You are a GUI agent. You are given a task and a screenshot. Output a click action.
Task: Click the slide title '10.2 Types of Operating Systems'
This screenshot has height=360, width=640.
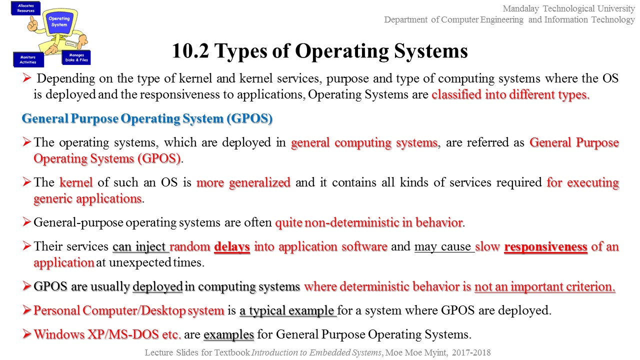pyautogui.click(x=320, y=51)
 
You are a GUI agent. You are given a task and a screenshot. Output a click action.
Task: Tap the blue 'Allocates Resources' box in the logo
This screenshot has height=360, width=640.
pyautogui.click(x=25, y=8)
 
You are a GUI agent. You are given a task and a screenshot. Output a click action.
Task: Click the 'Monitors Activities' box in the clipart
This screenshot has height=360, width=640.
pyautogui.click(x=28, y=59)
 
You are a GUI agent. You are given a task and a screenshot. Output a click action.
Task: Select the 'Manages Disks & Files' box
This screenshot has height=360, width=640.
pyautogui.click(x=76, y=57)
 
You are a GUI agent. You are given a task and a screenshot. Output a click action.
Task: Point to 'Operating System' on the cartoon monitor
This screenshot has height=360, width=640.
pyautogui.click(x=59, y=21)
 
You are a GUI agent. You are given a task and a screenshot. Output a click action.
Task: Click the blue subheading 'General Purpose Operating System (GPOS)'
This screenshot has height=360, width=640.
pyautogui.click(x=147, y=119)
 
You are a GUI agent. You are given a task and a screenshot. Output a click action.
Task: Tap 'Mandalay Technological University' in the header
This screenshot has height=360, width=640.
pyautogui.click(x=568, y=8)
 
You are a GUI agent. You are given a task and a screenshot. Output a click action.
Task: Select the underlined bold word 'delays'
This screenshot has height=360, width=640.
pyautogui.click(x=232, y=246)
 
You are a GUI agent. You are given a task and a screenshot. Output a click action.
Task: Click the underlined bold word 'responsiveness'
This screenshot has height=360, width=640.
pyautogui.click(x=546, y=246)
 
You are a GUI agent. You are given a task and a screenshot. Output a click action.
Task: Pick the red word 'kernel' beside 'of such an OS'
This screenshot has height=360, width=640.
pyautogui.click(x=76, y=182)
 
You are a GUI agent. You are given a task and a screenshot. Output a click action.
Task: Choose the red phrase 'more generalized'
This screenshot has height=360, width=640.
pyautogui.click(x=243, y=182)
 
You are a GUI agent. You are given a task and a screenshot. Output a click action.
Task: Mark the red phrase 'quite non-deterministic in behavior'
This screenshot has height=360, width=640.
pyautogui.click(x=369, y=222)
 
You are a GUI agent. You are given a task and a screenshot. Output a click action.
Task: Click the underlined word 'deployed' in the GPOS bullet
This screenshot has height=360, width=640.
pyautogui.click(x=157, y=287)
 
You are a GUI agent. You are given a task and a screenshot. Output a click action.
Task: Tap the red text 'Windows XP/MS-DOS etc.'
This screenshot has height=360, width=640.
pyautogui.click(x=107, y=334)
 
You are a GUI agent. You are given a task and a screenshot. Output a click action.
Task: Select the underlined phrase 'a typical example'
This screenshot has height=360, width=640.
pyautogui.click(x=287, y=310)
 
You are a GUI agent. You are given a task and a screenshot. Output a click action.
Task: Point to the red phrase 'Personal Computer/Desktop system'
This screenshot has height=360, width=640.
pyautogui.click(x=128, y=310)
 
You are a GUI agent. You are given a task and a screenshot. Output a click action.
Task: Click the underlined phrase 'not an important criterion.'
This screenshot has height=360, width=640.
pyautogui.click(x=544, y=287)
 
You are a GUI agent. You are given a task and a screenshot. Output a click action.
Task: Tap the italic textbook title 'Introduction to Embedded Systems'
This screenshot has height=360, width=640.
pyautogui.click(x=317, y=352)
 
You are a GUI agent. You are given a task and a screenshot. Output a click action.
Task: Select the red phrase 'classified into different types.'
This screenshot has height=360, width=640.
pyautogui.click(x=510, y=95)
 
